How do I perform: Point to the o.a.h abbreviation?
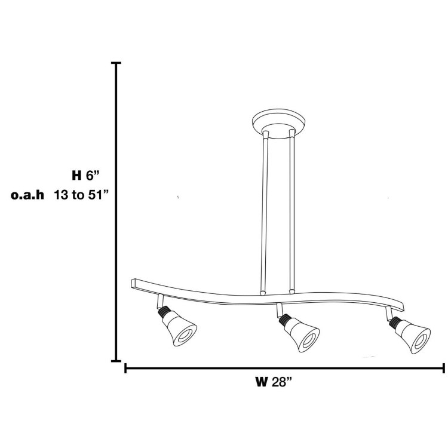pos(28,195)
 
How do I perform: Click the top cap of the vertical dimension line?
pos(116,63)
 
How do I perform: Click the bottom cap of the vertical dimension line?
pos(116,361)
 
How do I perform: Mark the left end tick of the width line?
pos(125,368)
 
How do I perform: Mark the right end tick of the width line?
pos(443,368)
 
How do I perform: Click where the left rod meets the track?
pos(263,293)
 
